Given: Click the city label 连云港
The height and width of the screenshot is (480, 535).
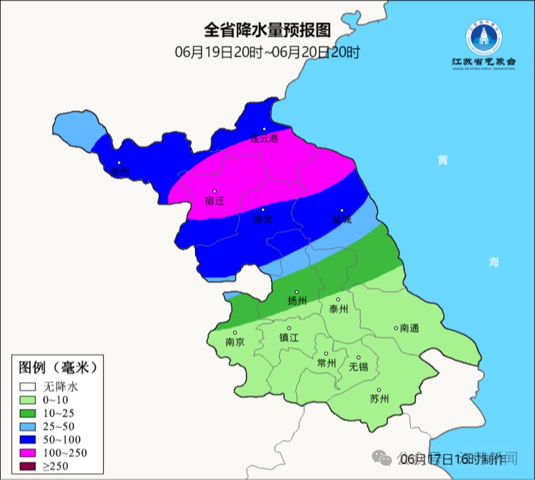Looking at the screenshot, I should [x=264, y=139].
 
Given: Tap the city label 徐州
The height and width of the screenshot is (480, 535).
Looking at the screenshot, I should [x=120, y=171].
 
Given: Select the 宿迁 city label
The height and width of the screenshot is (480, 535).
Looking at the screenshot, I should [x=214, y=200].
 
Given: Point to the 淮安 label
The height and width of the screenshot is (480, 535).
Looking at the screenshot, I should [x=263, y=220].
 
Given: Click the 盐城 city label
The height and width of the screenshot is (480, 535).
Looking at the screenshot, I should [x=342, y=219].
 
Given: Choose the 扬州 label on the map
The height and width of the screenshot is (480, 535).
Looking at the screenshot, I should [x=297, y=301].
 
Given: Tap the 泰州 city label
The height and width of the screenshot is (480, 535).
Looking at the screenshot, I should [x=339, y=309].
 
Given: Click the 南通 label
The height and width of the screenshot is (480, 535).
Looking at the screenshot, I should [x=410, y=328].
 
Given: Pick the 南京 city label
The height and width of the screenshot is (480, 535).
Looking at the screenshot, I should [x=235, y=342].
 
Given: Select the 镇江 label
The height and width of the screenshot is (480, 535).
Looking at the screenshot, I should [x=289, y=338].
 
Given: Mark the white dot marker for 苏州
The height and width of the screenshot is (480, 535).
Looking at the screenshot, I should [x=379, y=390].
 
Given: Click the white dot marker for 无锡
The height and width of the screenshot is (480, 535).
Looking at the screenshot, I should [x=358, y=358].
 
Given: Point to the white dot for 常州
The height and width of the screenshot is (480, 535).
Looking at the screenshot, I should [x=326, y=354].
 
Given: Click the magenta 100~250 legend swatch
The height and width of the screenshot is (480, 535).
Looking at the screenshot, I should [x=28, y=452].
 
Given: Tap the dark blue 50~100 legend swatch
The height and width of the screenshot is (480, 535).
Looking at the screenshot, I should [x=28, y=439].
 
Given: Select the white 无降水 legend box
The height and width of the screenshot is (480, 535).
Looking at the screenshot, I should [x=28, y=387].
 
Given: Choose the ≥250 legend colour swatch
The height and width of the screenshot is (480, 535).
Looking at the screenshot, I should [x=28, y=465].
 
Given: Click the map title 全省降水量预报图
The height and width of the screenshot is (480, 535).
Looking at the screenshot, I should [x=267, y=30].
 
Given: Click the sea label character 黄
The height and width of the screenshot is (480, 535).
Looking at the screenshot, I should [x=443, y=161].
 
